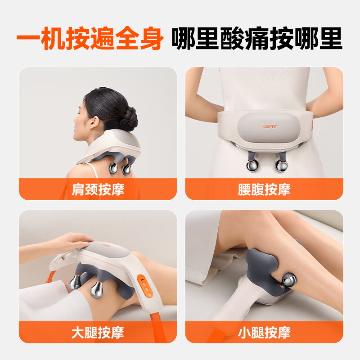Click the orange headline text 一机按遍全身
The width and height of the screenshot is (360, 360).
pos(90,39)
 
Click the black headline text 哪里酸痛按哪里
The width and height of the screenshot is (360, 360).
pos(256,39)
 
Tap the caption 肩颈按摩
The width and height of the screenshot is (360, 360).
pos(98,189)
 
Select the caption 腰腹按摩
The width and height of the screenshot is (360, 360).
pos(264,189)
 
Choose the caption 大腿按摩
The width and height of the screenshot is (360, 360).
pos(98,333)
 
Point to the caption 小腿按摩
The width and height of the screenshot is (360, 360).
pos(264,333)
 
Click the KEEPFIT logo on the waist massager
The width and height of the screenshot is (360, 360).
pos(270,126)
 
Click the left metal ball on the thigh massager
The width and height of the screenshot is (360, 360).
pos(75,283)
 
